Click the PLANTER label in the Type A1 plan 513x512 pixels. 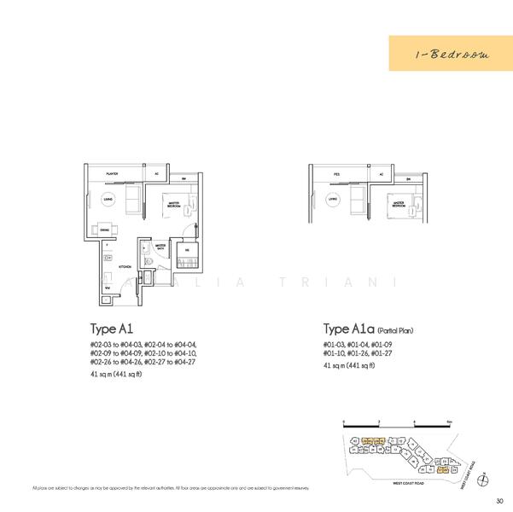(112, 173)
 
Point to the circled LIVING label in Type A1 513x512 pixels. (107, 199)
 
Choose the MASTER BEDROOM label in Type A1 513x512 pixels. (175, 202)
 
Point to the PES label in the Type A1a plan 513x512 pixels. (338, 173)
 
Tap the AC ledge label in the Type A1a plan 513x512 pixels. (381, 173)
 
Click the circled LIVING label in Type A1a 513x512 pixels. (332, 200)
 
